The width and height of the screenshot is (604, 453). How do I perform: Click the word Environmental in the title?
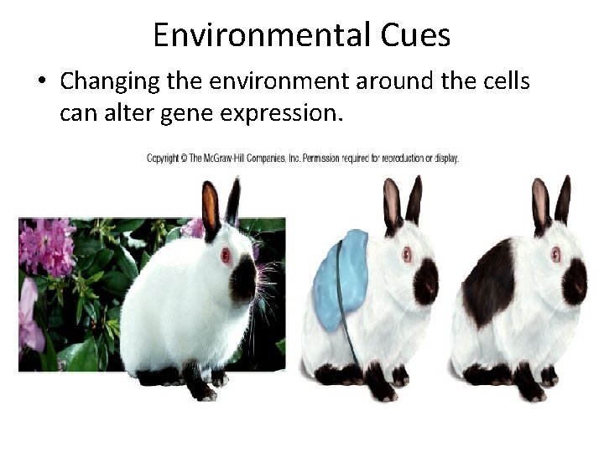click(x=258, y=35)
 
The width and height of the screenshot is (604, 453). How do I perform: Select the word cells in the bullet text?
click(x=502, y=81)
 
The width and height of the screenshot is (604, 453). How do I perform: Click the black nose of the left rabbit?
click(x=244, y=279)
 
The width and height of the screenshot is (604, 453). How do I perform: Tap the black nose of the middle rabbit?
click(x=426, y=280)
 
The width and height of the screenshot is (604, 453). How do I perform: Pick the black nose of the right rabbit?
click(x=575, y=281)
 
